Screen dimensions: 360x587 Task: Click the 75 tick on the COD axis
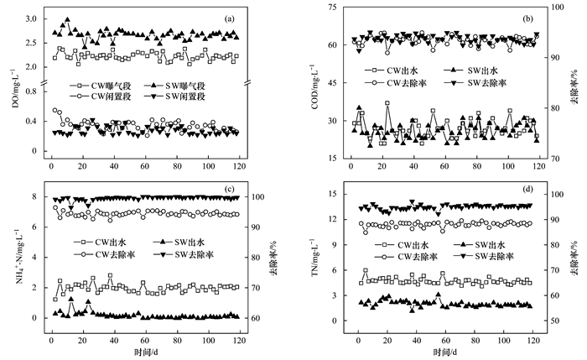coord(332,8)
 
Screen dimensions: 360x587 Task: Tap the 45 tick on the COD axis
coord(332,83)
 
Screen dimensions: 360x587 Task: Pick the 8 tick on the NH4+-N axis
coord(35,197)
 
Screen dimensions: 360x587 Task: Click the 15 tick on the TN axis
coord(332,195)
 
